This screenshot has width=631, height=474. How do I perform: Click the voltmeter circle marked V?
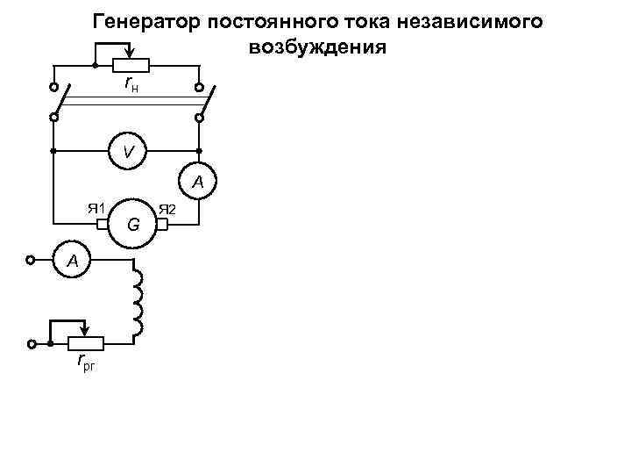pos(128,151)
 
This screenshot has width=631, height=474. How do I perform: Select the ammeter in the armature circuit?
pos(198,182)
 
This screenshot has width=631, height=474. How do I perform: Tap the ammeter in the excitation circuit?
pos(74,260)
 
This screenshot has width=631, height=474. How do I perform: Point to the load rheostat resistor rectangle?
pos(131,66)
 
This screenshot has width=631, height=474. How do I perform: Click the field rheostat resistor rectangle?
pos(87,343)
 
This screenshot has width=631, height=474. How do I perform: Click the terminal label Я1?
pos(96,208)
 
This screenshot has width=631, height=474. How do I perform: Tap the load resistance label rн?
pos(131,83)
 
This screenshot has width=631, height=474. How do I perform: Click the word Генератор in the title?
pos(150,20)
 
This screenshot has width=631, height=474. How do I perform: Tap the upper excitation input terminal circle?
pos(32,260)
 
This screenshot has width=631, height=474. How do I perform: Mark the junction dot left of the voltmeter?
pos(53,151)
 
